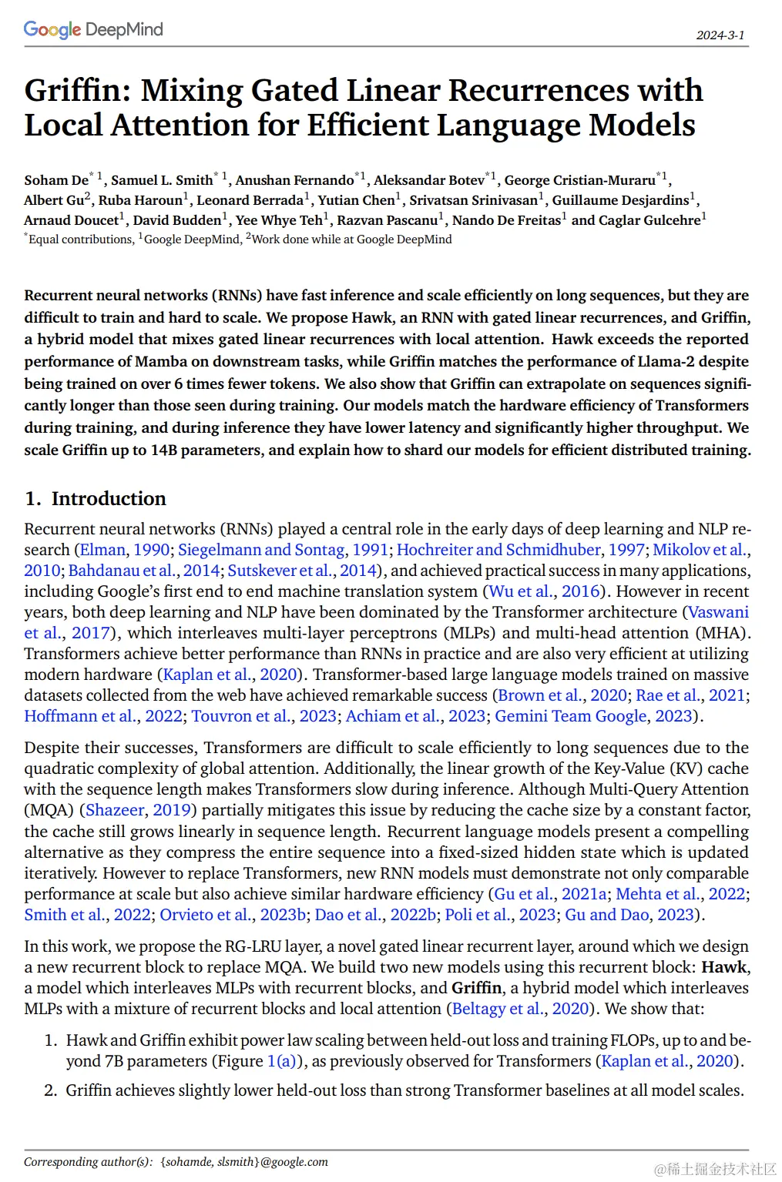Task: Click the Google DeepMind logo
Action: coord(93,29)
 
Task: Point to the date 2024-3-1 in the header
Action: coord(720,35)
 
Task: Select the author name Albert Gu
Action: coord(54,200)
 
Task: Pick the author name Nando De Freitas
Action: coord(506,220)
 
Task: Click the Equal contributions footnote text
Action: coord(81,239)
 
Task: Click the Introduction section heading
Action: coord(109,499)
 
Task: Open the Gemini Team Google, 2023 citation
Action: coord(593,716)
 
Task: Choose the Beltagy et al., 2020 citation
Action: coord(520,1009)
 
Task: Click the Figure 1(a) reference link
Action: coord(281,1061)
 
